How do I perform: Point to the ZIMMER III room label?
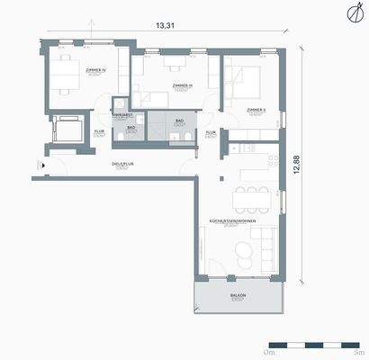[184, 85]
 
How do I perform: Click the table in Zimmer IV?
[64, 73]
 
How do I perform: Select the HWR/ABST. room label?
[123, 115]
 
